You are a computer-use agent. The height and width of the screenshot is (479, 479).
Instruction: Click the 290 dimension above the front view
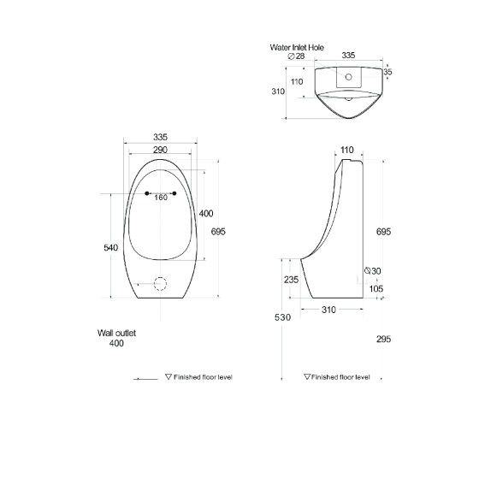161,150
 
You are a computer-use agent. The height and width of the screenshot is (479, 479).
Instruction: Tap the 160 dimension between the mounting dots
161,198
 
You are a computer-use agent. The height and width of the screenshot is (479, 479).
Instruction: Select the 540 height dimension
110,247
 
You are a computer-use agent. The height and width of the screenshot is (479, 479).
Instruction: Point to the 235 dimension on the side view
291,280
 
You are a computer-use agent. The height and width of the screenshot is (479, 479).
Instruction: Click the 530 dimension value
282,317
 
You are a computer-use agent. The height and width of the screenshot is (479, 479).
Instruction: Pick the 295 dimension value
383,339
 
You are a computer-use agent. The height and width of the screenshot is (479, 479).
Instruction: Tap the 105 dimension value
376,289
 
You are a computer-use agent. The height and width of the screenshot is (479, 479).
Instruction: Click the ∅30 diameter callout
373,270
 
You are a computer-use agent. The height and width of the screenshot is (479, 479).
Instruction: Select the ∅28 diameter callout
296,56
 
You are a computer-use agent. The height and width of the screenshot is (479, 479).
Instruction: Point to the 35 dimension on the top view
387,72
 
